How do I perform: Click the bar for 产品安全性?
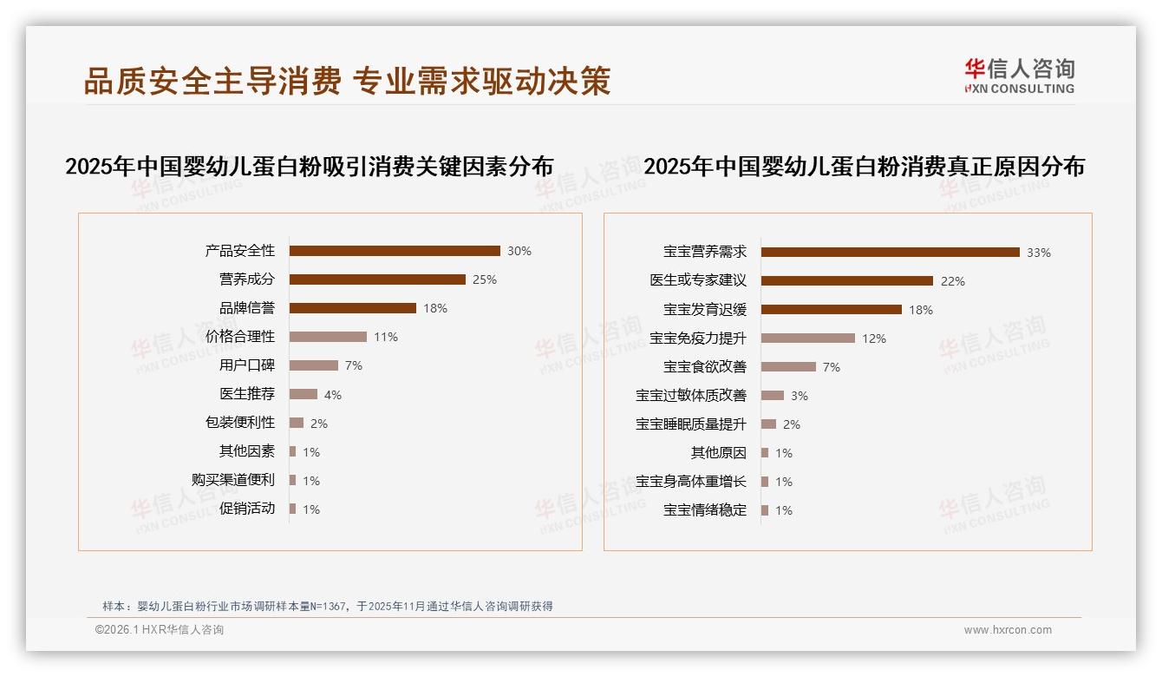(395, 251)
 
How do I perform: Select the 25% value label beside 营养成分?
(485, 279)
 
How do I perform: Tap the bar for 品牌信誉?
(353, 308)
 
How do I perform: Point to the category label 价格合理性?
(240, 337)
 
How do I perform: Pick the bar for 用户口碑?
(314, 365)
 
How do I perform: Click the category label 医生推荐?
(247, 394)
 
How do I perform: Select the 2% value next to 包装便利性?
(319, 424)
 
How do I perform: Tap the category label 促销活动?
(247, 509)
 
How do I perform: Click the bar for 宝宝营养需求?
(891, 253)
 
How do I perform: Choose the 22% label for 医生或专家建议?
(953, 281)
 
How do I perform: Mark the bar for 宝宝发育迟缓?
(832, 310)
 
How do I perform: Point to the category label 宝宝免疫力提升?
(698, 338)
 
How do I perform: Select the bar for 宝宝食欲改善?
(789, 367)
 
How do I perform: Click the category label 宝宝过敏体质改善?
(691, 396)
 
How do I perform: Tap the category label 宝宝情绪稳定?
(705, 510)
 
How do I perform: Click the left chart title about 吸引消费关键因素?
(310, 167)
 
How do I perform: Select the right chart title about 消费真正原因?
(865, 167)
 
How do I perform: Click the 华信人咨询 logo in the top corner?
(1019, 76)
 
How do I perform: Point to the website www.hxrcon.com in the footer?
(1008, 630)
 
